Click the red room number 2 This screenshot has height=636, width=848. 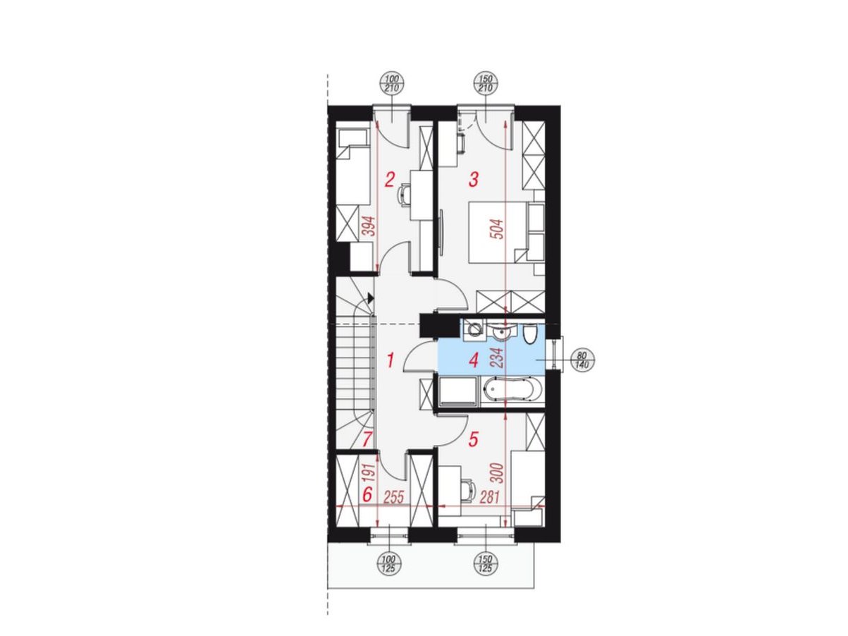pyautogui.click(x=389, y=179)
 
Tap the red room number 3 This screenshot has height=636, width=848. pyautogui.click(x=473, y=179)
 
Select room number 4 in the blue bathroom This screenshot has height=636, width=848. pyautogui.click(x=473, y=360)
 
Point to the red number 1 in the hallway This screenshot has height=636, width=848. pyautogui.click(x=391, y=360)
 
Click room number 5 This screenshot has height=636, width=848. pyautogui.click(x=473, y=439)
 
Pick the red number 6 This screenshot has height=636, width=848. pyautogui.click(x=367, y=494)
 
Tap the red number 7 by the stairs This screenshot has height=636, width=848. pyautogui.click(x=367, y=439)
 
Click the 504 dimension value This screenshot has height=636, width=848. pyautogui.click(x=499, y=229)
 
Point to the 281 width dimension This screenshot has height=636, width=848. pyautogui.click(x=489, y=497)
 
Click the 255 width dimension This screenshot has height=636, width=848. pyautogui.click(x=393, y=497)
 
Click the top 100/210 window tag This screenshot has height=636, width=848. pyautogui.click(x=392, y=84)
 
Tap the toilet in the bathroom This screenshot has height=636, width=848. pyautogui.click(x=529, y=334)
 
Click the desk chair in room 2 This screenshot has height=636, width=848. pyautogui.click(x=403, y=195)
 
